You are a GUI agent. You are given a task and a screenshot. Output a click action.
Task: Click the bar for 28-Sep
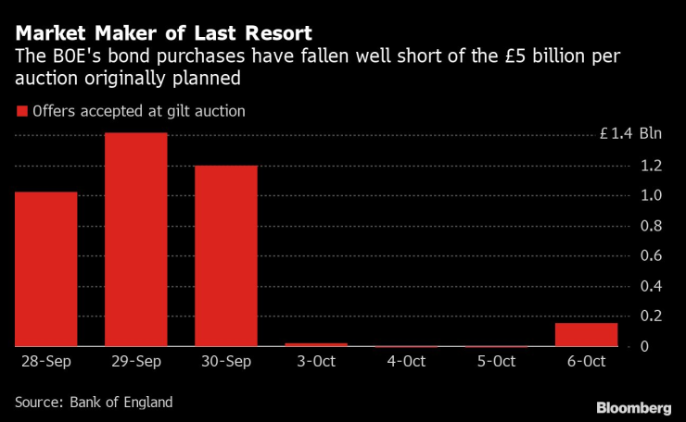click(x=45, y=268)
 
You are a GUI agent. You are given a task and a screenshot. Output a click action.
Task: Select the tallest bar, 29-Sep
click(x=136, y=239)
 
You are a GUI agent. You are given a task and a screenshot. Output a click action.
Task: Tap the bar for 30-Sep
click(x=226, y=255)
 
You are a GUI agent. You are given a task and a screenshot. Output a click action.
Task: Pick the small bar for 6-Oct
click(x=586, y=334)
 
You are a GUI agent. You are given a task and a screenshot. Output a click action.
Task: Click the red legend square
click(x=21, y=112)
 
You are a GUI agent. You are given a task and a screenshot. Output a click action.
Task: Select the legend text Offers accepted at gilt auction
click(x=138, y=112)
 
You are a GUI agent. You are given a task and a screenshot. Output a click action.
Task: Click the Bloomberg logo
click(x=633, y=407)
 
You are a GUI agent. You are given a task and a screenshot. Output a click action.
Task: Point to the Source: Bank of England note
click(x=94, y=403)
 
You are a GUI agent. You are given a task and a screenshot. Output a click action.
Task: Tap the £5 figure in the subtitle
click(x=480, y=56)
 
